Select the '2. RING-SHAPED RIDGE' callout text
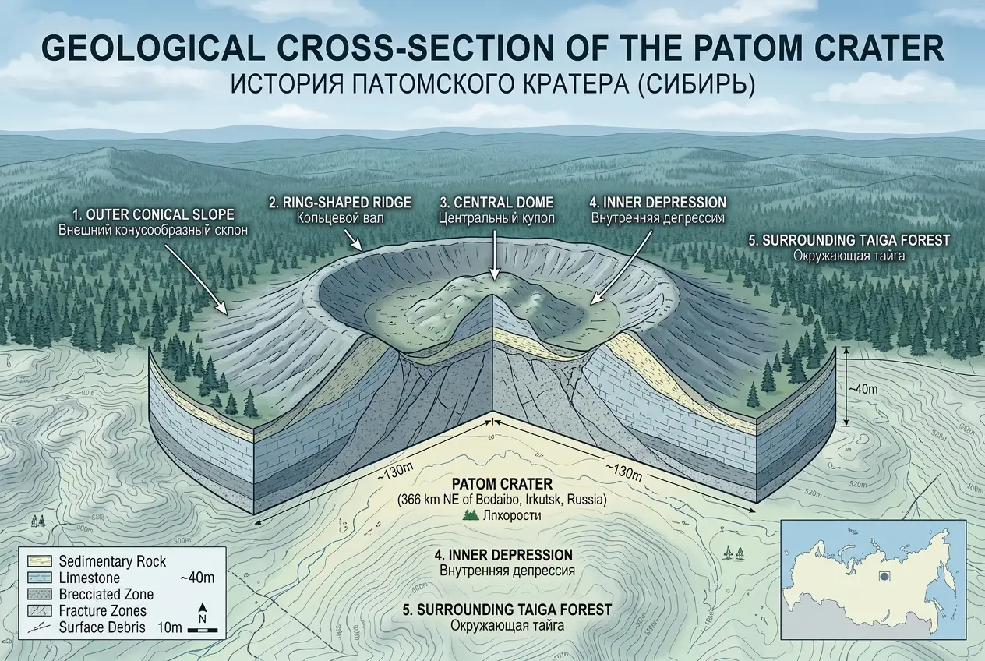coord(339,203)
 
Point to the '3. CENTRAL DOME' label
coord(496,203)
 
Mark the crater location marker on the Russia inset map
coord(884,577)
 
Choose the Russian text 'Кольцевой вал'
coord(341,218)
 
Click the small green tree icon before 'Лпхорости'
coord(470,515)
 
